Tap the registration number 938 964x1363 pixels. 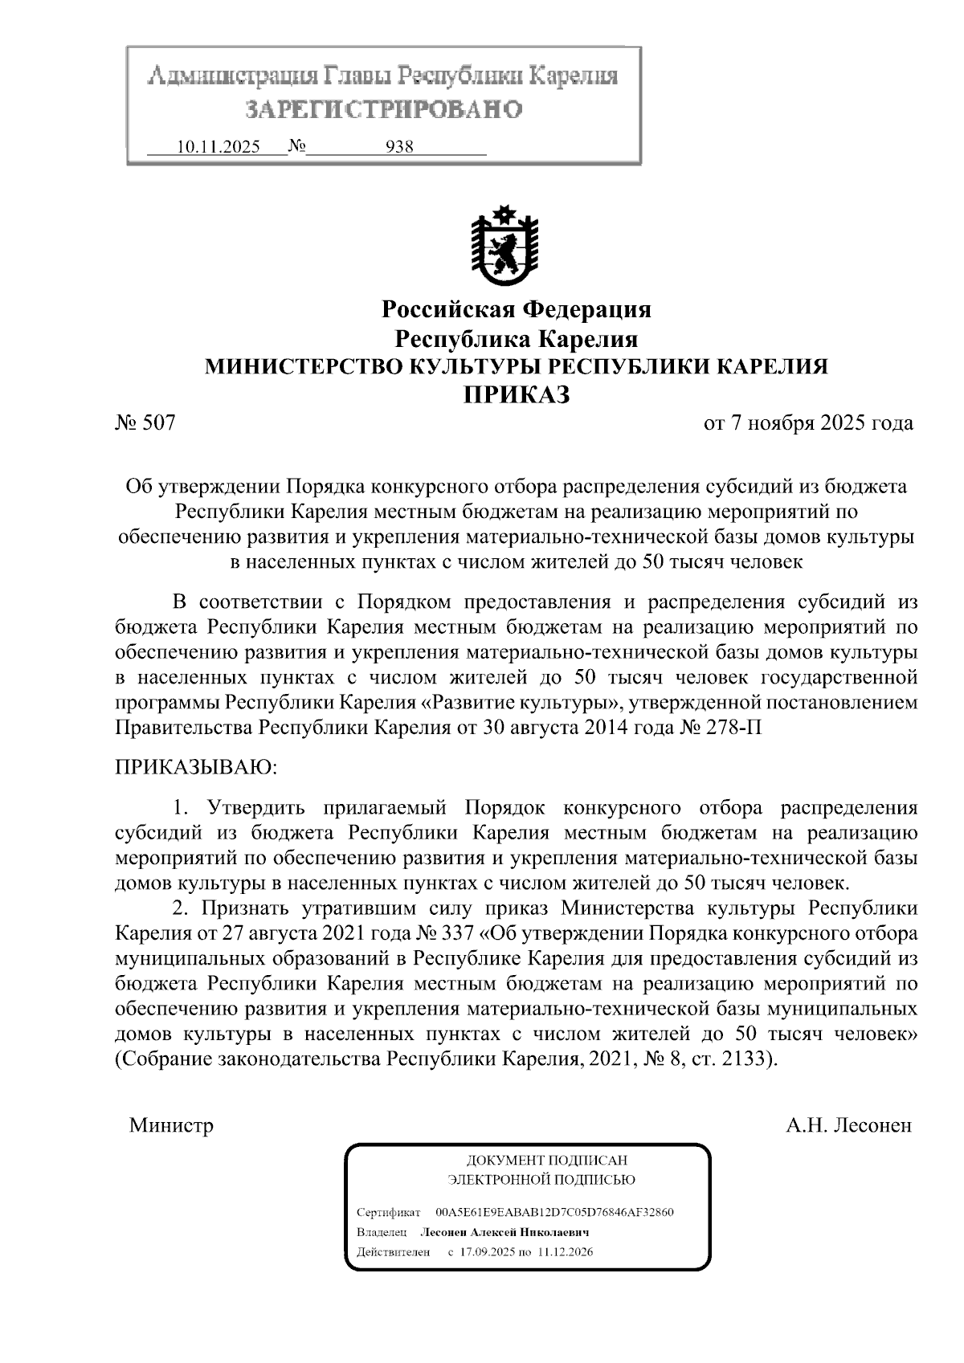pyautogui.click(x=399, y=148)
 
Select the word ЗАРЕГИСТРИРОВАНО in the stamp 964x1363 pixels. pyautogui.click(x=383, y=108)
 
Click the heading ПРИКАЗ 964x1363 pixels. pyautogui.click(x=516, y=394)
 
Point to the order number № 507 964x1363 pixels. pyautogui.click(x=145, y=422)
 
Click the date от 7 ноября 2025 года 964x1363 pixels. pyautogui.click(x=807, y=422)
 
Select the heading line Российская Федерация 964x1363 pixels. pyautogui.click(x=516, y=309)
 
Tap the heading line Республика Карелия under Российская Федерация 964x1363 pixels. pyautogui.click(x=516, y=337)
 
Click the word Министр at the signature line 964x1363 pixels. pyautogui.click(x=171, y=1125)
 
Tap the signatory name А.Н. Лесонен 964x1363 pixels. pyautogui.click(x=848, y=1125)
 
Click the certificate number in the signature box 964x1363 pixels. pyautogui.click(x=553, y=1212)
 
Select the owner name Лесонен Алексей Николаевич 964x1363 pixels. pyautogui.click(x=505, y=1232)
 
